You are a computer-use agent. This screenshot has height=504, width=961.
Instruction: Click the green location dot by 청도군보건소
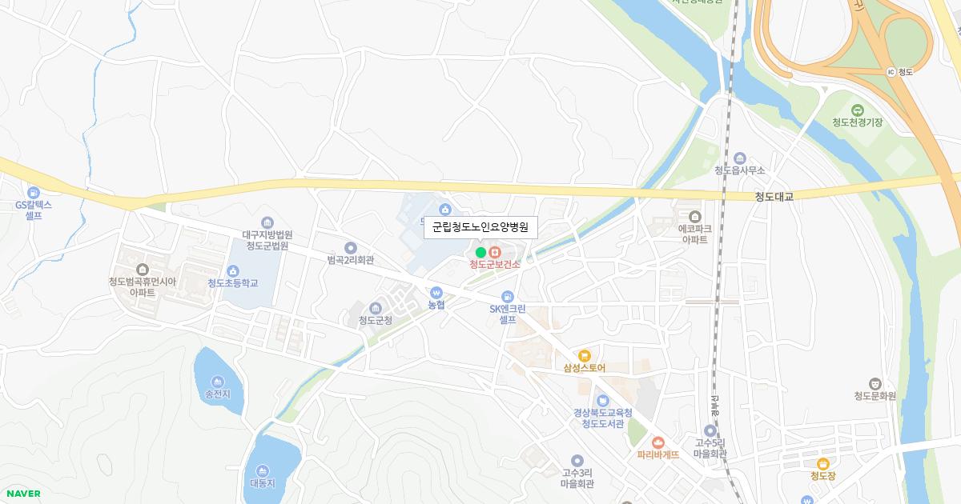tap(480, 253)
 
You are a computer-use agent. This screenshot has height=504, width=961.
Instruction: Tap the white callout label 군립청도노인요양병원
tap(480, 227)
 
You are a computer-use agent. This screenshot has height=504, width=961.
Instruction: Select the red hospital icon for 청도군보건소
tap(494, 253)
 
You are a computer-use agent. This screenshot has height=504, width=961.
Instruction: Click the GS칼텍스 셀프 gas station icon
tap(34, 192)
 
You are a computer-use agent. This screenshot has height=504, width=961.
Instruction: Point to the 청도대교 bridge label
tap(773, 196)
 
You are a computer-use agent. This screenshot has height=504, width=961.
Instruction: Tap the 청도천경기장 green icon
tap(857, 110)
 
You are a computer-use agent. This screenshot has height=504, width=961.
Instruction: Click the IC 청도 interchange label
tap(900, 71)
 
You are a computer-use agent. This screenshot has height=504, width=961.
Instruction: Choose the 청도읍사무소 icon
tap(739, 158)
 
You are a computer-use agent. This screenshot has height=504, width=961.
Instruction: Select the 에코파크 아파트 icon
tap(694, 216)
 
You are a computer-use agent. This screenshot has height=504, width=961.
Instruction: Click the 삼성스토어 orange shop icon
tap(584, 355)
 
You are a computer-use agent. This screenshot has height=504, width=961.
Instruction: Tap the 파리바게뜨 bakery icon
tap(658, 442)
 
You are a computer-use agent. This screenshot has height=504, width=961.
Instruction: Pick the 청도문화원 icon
tap(875, 383)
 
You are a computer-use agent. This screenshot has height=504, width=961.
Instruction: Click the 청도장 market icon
tap(822, 463)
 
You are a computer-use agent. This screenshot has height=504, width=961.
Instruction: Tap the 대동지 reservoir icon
tap(262, 470)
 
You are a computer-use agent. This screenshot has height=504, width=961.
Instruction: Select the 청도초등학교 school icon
tap(233, 270)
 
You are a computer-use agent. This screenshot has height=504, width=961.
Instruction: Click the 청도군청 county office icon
tap(375, 308)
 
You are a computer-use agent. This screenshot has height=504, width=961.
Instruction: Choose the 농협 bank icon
tap(436, 293)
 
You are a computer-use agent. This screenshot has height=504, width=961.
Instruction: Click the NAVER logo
tap(22, 494)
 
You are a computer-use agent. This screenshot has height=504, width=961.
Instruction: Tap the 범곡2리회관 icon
tap(350, 248)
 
